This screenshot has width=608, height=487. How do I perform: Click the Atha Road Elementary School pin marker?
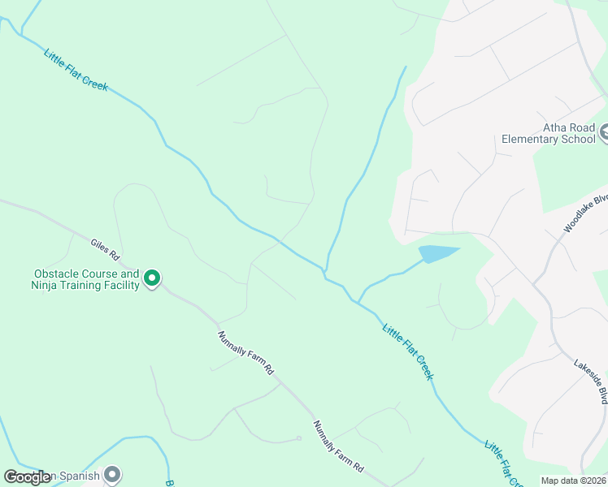coord(604,132)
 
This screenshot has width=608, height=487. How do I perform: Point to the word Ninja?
coord(46,285)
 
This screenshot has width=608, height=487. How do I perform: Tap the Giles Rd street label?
coord(106,244)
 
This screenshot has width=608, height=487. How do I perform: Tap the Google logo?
coord(28,477)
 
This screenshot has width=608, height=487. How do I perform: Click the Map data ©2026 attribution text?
coord(573,480)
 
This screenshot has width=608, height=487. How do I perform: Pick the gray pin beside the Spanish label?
coord(112,474)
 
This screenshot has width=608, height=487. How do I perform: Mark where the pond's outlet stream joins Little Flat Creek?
coord(357,303)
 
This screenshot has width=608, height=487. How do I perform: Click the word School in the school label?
coord(579,139)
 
